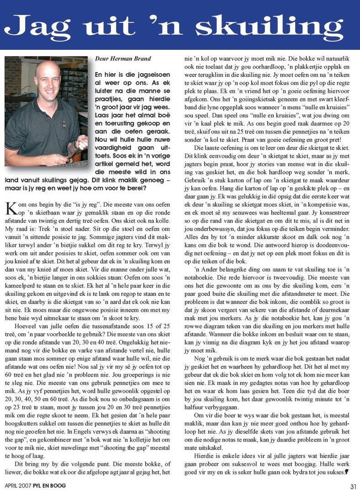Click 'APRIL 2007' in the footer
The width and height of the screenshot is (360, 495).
pos(18,486)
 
